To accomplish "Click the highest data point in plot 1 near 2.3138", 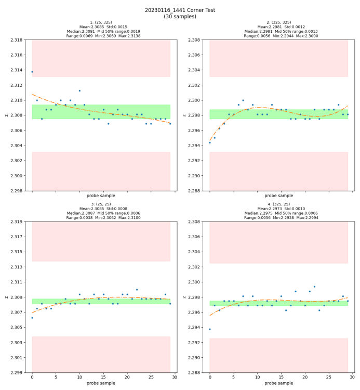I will click(32, 72).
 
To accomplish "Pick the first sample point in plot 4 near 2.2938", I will click(210, 329).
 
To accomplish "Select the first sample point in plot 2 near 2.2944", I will click(210, 142).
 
